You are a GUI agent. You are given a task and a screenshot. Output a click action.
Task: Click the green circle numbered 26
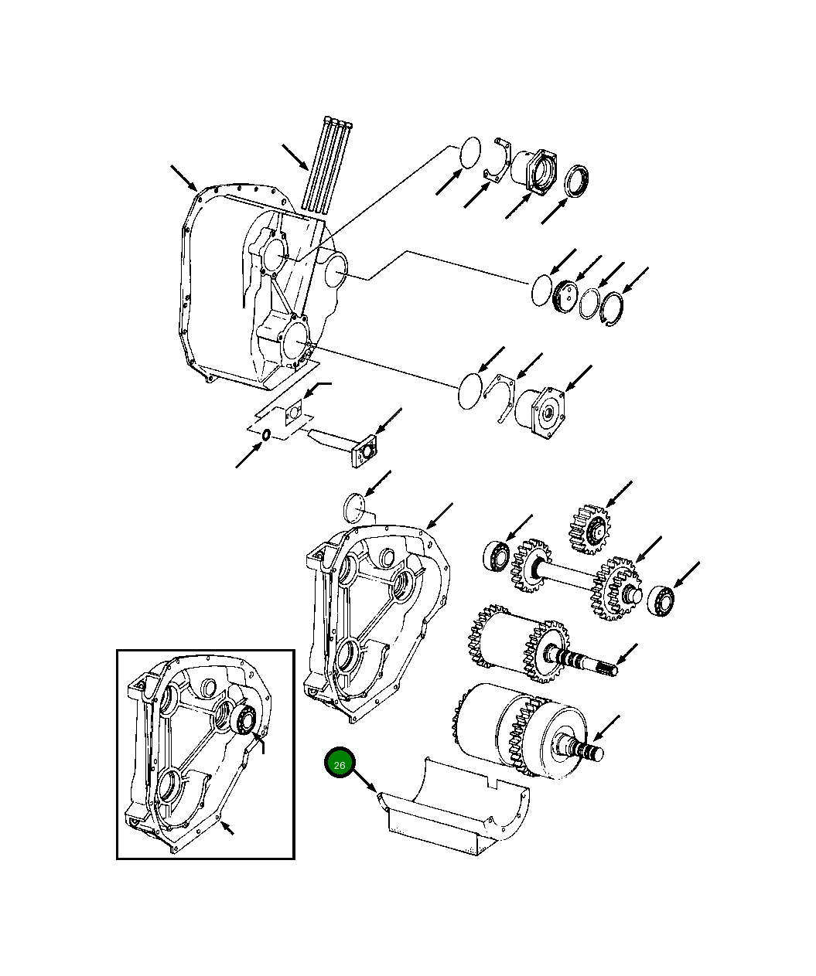(x=339, y=763)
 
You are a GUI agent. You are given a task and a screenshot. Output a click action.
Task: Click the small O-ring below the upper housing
(x=266, y=435)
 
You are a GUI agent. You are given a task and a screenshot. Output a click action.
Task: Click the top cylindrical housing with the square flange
(x=537, y=171)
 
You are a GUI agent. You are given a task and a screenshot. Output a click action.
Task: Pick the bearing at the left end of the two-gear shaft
(x=496, y=556)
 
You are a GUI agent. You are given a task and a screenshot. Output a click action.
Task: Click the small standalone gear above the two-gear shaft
(x=589, y=529)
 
